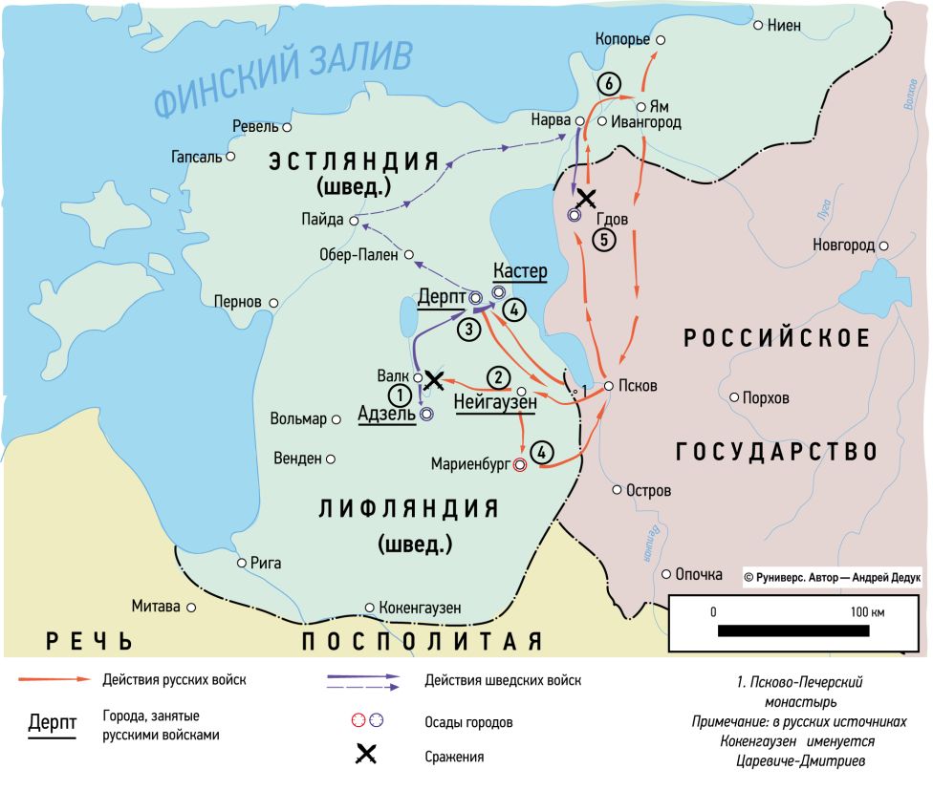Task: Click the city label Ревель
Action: (x=254, y=126)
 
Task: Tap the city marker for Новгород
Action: (x=883, y=246)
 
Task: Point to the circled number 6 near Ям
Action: (x=605, y=83)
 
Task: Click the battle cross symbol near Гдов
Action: (x=586, y=198)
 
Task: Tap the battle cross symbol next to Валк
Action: (x=434, y=379)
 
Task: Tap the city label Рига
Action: (x=265, y=563)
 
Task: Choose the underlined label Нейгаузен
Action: (x=494, y=402)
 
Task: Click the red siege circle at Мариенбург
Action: (x=519, y=465)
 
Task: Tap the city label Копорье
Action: (x=621, y=39)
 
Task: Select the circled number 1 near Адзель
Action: (x=399, y=394)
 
